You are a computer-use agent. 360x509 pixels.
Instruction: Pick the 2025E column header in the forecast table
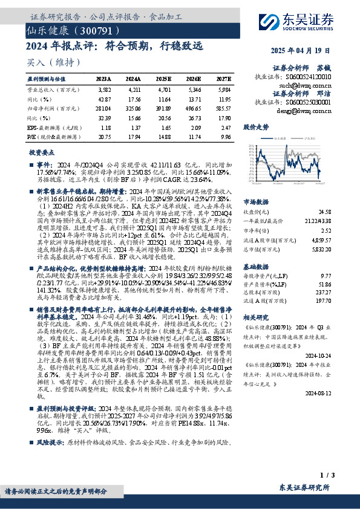click(165, 79)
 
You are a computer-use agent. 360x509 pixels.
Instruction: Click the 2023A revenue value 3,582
click(103, 89)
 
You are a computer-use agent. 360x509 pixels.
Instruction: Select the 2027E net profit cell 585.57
click(223, 109)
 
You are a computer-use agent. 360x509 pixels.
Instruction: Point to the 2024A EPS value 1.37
click(134, 128)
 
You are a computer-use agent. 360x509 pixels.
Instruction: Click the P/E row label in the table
click(51, 138)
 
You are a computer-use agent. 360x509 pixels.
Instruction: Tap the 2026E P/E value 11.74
click(194, 138)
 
